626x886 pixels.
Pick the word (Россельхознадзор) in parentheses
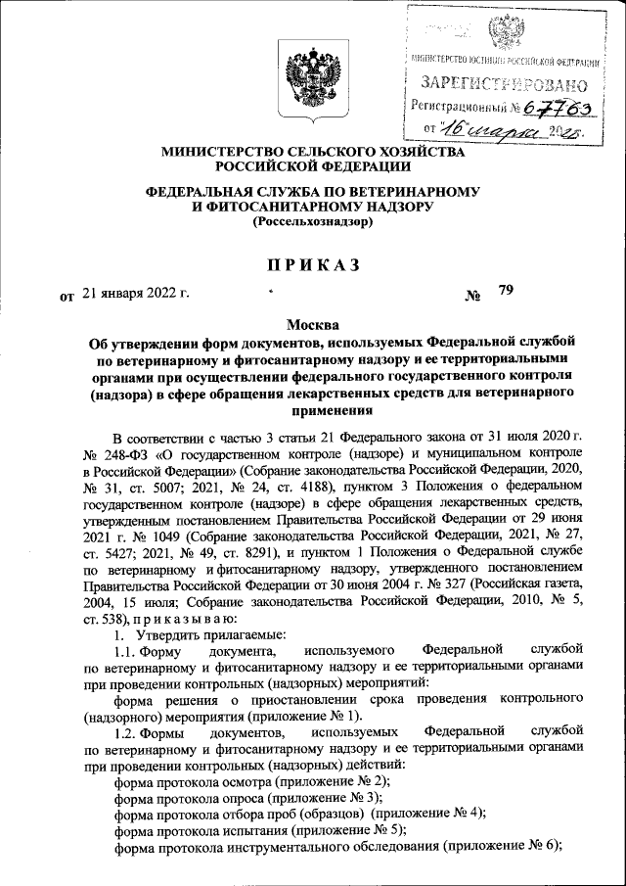(313, 222)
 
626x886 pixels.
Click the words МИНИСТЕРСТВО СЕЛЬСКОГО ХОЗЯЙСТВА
(313, 153)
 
